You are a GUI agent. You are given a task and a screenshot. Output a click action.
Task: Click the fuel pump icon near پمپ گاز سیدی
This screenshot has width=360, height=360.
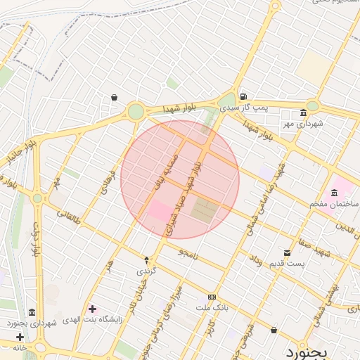(243, 96)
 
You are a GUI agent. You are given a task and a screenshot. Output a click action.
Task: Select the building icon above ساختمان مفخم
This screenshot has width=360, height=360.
(334, 193)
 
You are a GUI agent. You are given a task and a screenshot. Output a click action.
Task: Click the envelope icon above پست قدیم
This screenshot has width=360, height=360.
(287, 253)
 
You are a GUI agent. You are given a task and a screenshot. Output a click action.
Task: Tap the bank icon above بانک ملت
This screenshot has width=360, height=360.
(212, 297)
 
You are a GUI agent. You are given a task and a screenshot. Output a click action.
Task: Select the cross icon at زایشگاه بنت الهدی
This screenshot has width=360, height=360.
(92, 309)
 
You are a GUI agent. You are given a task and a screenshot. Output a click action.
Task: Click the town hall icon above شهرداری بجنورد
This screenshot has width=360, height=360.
(32, 312)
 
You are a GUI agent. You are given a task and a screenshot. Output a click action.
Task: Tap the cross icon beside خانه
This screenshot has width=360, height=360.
(30, 337)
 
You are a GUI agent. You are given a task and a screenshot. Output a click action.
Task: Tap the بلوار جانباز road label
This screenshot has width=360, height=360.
(21, 158)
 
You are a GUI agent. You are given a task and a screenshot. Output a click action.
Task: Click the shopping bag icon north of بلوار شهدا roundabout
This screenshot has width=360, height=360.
(115, 97)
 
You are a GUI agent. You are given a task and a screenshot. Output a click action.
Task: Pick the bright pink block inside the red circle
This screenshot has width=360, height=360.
(159, 210)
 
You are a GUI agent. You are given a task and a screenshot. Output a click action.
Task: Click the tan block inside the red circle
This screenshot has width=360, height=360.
(202, 210)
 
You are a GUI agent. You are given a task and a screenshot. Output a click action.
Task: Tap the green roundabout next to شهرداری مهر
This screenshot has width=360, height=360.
(312, 106)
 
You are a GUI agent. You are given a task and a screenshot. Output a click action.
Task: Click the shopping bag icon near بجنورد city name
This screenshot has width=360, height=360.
(274, 329)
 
